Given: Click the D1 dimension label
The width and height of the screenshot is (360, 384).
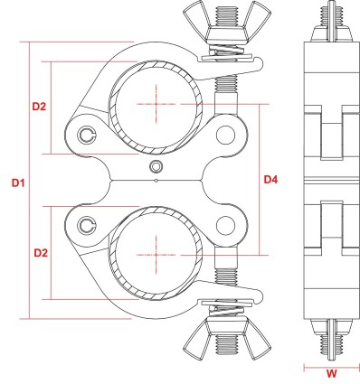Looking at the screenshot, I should coord(18,183).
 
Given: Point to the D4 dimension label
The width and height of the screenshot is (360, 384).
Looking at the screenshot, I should coord(270,181).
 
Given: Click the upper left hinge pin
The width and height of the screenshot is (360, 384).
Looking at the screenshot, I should coord(87,136).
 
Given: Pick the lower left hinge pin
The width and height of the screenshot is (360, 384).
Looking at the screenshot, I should coord(87,224).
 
